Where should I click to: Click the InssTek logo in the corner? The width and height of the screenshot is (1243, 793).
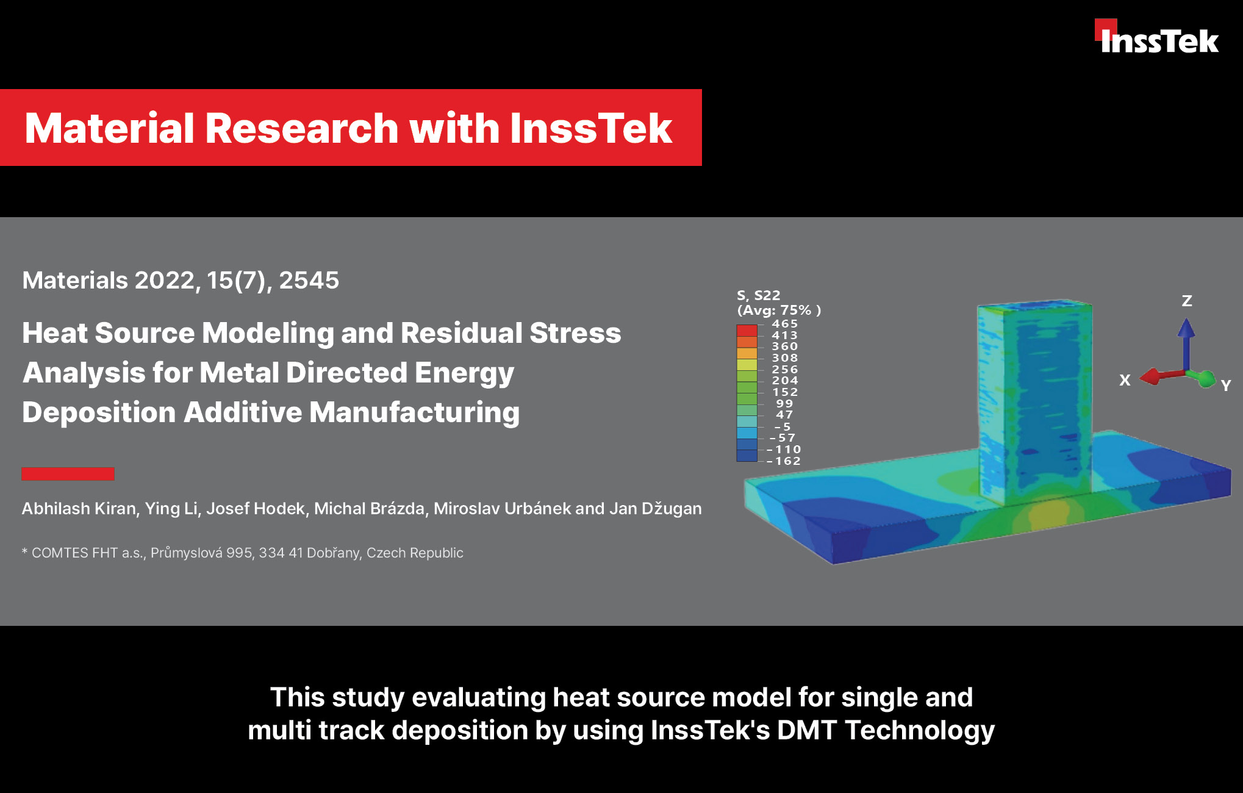click(x=1156, y=37)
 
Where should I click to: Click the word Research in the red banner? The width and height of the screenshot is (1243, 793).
click(x=302, y=129)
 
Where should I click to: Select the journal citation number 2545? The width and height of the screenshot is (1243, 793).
click(x=309, y=281)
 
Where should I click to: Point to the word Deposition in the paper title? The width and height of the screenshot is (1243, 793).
click(x=98, y=413)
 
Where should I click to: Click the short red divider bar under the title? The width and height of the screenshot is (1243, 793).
click(x=68, y=474)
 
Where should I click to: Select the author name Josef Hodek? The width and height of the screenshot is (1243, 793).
click(x=256, y=509)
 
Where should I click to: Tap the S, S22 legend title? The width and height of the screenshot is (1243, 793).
click(x=758, y=295)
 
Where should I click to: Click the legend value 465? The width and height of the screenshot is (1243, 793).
click(x=784, y=324)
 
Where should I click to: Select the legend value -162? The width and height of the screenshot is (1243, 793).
click(x=783, y=461)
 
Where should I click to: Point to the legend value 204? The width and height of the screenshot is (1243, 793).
click(x=784, y=381)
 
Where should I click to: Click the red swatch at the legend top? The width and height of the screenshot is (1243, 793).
click(x=747, y=331)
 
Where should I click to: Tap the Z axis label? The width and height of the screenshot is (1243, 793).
click(x=1187, y=301)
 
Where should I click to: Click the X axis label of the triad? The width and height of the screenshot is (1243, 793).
click(x=1125, y=380)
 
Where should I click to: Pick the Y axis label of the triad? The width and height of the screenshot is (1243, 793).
click(x=1226, y=386)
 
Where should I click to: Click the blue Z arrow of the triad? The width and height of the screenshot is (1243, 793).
click(x=1186, y=344)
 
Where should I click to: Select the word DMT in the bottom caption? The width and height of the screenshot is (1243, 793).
click(x=806, y=730)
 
